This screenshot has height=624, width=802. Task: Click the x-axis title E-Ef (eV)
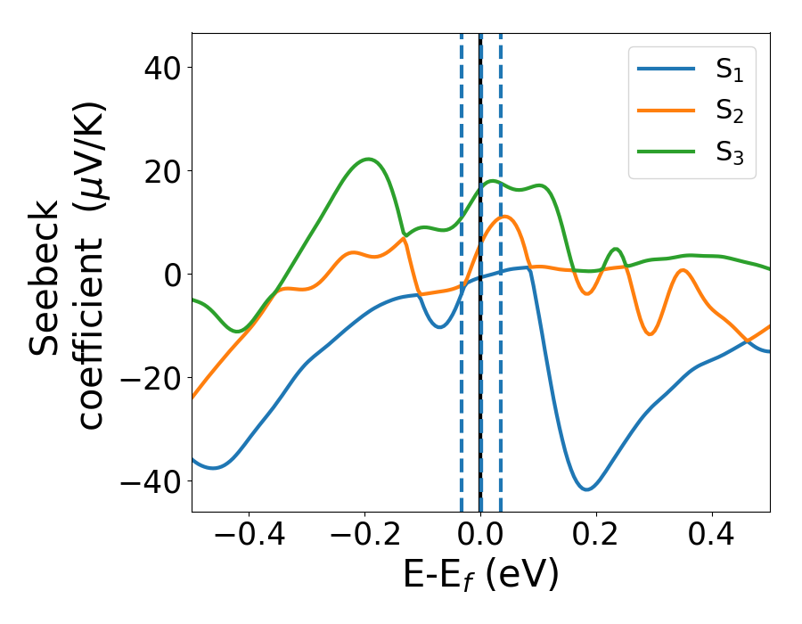coord(480,575)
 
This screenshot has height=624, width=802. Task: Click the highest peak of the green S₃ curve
coord(368,160)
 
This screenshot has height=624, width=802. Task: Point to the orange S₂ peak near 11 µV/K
coord(504,217)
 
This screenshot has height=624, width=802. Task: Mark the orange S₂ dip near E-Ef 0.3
coord(651,334)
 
